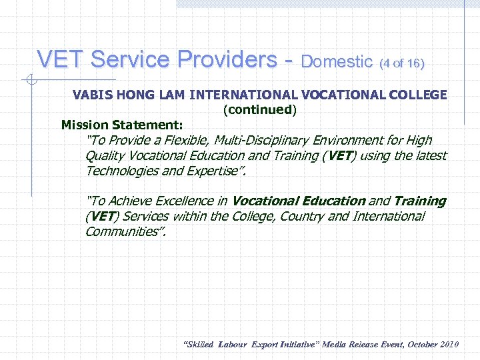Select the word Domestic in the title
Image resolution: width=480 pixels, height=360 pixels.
pyautogui.click(x=337, y=62)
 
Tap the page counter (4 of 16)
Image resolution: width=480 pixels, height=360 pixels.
pyautogui.click(x=401, y=63)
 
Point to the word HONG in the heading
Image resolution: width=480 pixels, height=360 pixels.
pyautogui.click(x=136, y=95)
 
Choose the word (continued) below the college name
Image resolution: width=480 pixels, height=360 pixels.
pyautogui.click(x=259, y=109)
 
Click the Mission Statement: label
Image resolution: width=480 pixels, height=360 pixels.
pyautogui.click(x=122, y=125)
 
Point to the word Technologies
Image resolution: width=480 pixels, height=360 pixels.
pyautogui.click(x=122, y=171)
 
